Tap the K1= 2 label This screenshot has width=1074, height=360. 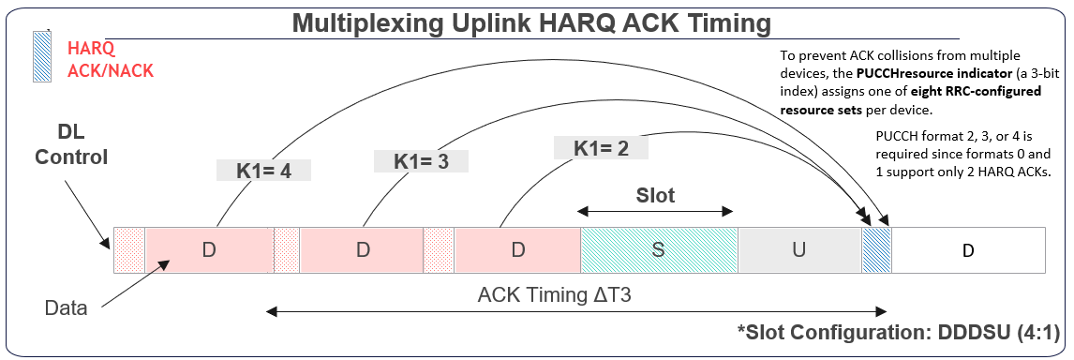point(599,147)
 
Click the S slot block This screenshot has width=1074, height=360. point(659,251)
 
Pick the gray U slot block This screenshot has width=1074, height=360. point(798,251)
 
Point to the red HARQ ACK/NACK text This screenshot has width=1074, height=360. point(110,59)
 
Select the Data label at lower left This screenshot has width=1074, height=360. point(65,307)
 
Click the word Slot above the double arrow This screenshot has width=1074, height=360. point(655,197)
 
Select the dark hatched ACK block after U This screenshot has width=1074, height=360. point(876,251)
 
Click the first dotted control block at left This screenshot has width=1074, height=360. point(129,251)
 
